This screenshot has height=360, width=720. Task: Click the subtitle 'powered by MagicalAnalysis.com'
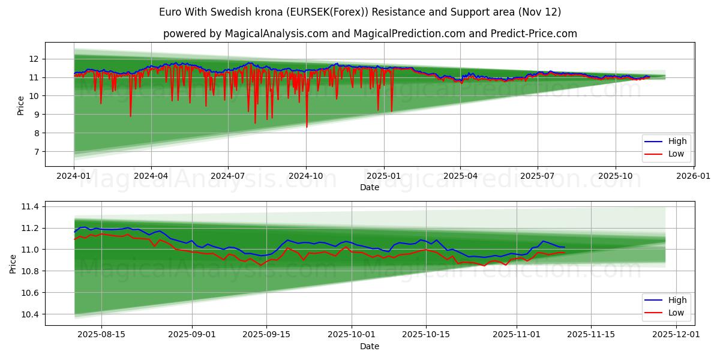click(x=370, y=34)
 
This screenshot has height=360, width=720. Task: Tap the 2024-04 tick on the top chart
click(x=151, y=176)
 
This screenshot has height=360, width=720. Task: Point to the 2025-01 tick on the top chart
click(x=383, y=176)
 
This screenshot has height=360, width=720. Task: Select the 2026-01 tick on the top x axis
click(x=694, y=176)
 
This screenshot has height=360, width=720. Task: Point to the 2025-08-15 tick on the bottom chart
click(x=101, y=335)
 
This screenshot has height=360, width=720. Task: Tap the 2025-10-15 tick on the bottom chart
click(x=425, y=335)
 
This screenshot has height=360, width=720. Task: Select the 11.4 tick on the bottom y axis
click(x=30, y=206)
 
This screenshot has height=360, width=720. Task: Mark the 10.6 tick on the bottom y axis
click(x=30, y=293)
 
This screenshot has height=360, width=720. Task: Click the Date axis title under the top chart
click(x=370, y=187)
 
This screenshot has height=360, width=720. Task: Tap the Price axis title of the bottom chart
click(x=13, y=263)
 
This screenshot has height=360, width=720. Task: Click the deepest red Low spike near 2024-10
click(x=307, y=126)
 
